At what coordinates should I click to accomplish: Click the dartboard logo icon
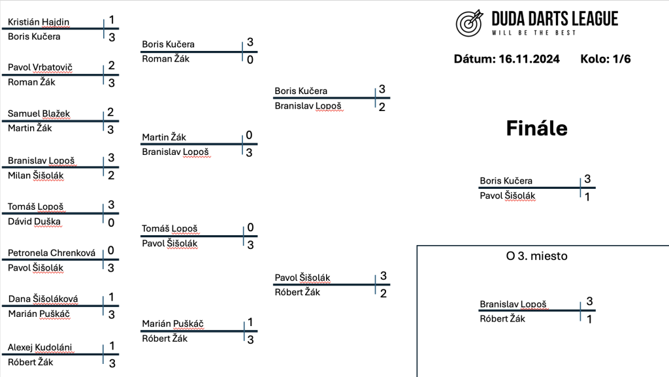click(x=469, y=23)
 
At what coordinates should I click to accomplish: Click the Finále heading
click(x=537, y=128)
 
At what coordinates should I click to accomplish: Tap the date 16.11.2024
click(x=529, y=59)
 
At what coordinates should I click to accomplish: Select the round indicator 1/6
click(x=622, y=59)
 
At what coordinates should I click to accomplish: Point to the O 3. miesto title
click(x=537, y=256)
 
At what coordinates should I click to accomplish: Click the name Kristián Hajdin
click(x=39, y=22)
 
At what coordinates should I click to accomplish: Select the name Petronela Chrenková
click(x=52, y=253)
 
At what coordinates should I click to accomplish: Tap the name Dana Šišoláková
click(x=43, y=299)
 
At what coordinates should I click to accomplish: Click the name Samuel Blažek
click(x=39, y=114)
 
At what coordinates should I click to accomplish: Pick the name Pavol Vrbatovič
click(x=40, y=67)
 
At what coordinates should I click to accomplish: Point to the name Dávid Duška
click(x=34, y=221)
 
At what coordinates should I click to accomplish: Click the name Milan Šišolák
click(x=36, y=176)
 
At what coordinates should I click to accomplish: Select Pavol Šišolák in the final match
click(x=507, y=196)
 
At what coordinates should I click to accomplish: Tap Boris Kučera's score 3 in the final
click(x=587, y=179)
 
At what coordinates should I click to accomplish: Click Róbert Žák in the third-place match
click(x=502, y=319)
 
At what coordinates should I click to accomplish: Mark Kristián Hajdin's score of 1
click(x=111, y=20)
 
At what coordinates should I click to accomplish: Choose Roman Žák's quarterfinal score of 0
click(x=250, y=59)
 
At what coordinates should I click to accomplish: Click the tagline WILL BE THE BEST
click(x=534, y=33)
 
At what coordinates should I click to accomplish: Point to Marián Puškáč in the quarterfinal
click(x=172, y=323)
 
